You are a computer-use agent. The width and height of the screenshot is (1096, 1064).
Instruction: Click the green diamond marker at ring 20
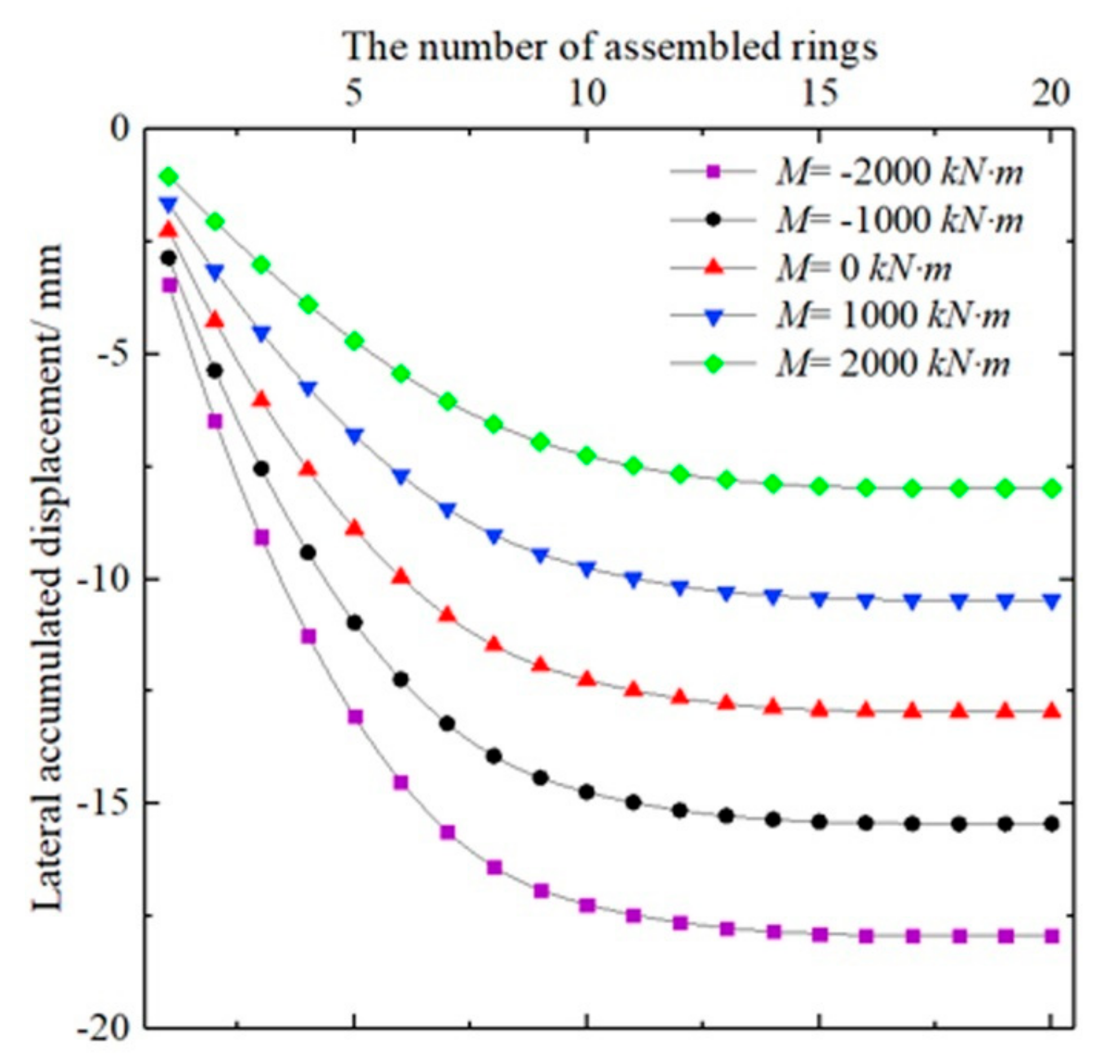click(x=1051, y=489)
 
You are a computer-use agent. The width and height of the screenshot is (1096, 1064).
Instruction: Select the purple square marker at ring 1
click(x=169, y=285)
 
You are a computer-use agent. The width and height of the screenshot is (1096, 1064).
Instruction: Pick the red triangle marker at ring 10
click(x=587, y=679)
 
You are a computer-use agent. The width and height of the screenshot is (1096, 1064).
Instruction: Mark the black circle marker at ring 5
click(x=354, y=623)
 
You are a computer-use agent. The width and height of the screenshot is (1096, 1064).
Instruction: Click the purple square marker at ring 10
click(x=587, y=906)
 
